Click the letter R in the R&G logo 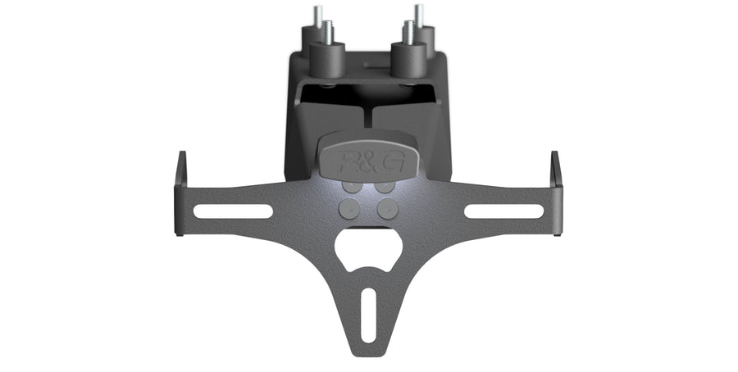click(349, 161)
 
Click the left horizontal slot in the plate click(233, 211)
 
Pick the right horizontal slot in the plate click(504, 211)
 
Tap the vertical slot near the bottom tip click(368, 315)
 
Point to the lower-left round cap click(349, 208)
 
